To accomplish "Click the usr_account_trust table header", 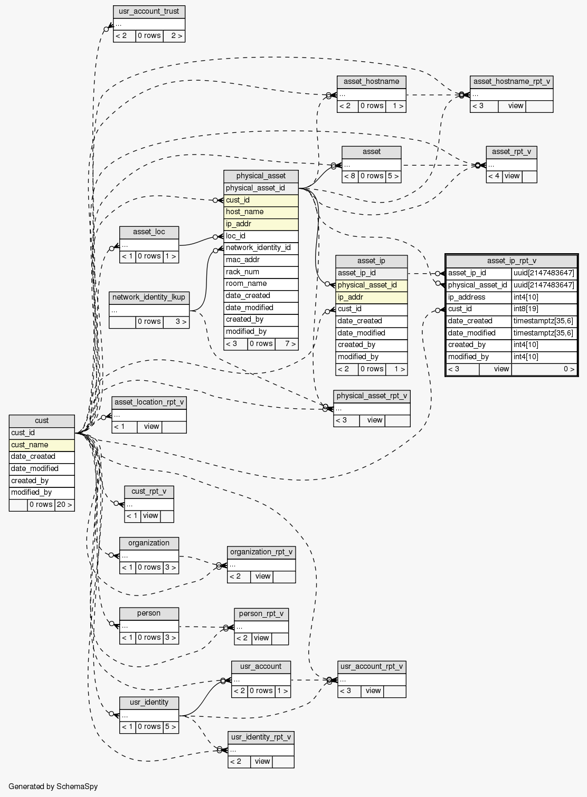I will point(149,11).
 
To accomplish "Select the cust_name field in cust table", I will point(42,445).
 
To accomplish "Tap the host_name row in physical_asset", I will point(261,212).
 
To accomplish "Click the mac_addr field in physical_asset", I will point(261,260).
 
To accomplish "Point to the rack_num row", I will point(261,272).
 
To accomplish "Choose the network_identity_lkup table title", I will point(149,297).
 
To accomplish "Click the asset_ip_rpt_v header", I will point(511,261).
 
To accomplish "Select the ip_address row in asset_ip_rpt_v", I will point(478,297).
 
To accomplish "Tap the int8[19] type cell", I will point(544,309).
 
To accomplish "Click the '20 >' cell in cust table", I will point(64,505).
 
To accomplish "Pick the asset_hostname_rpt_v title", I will point(511,82).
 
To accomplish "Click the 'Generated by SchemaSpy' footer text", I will point(53,786).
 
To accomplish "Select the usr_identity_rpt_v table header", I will point(261,737).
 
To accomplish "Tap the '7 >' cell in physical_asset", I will point(287,344).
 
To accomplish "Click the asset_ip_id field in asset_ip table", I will point(371,273).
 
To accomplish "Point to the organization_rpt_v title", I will point(261,552).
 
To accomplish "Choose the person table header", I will point(149,613).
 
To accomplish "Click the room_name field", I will point(261,284).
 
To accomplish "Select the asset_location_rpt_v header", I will point(149,402).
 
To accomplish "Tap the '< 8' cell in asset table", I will point(350,176).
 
